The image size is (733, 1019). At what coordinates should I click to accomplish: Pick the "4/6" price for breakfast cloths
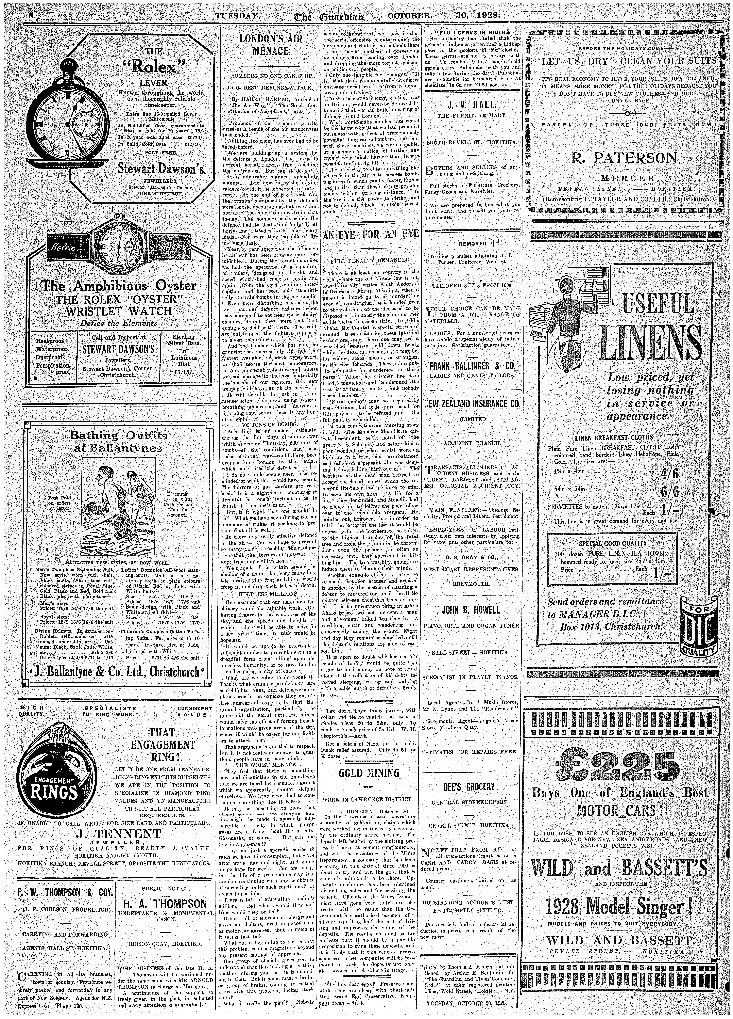[x=669, y=475]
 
